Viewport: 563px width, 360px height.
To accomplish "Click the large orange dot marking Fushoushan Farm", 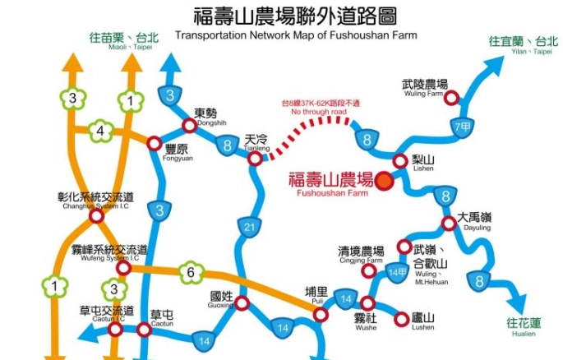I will (x=384, y=182).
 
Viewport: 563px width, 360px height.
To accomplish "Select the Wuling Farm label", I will (x=424, y=88).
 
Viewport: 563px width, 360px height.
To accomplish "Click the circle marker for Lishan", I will (x=399, y=161).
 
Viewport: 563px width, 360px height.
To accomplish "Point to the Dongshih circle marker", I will (x=190, y=126).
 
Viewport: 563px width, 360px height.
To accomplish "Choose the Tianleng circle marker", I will (x=256, y=157).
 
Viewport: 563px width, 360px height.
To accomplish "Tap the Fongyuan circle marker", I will (x=154, y=143).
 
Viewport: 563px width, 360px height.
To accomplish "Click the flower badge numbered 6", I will (x=191, y=272).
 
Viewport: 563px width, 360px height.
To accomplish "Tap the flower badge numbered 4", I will (x=100, y=130).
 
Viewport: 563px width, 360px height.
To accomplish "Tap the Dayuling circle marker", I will (x=448, y=224).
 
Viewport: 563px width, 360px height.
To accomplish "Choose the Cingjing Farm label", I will (x=361, y=254).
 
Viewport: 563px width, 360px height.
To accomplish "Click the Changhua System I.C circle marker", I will (x=96, y=216).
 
